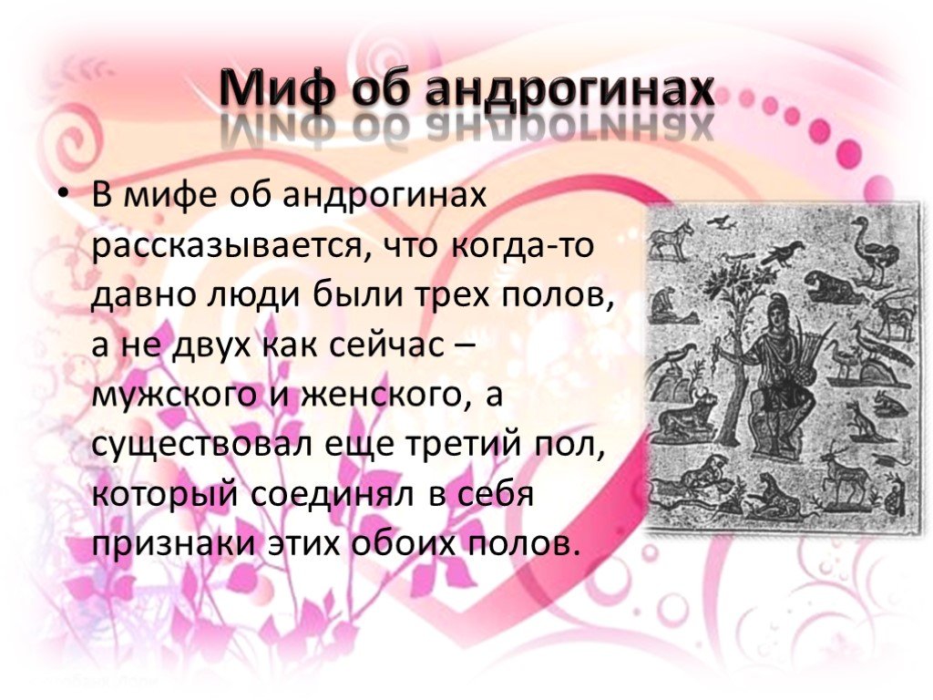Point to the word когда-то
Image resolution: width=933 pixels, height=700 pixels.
[x=522, y=244]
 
